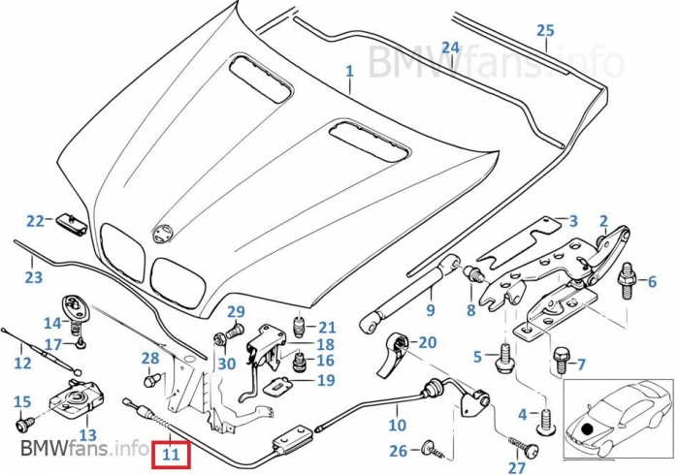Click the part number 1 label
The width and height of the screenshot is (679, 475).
point(349,72)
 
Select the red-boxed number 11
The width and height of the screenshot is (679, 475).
point(172,452)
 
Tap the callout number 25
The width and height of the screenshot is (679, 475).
point(545,30)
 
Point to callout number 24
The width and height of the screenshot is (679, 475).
point(450,47)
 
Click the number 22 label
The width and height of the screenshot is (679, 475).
point(36,221)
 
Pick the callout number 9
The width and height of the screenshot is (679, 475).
point(430,310)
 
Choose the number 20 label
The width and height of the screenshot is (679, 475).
point(428,341)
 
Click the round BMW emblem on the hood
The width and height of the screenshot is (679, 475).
point(164,234)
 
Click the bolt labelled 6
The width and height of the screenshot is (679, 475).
point(627,274)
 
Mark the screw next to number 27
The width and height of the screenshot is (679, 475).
point(530,452)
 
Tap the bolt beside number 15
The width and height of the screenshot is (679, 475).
point(25,423)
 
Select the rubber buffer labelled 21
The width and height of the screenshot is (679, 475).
point(300,325)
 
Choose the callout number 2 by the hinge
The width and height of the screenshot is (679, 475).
point(602,221)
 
